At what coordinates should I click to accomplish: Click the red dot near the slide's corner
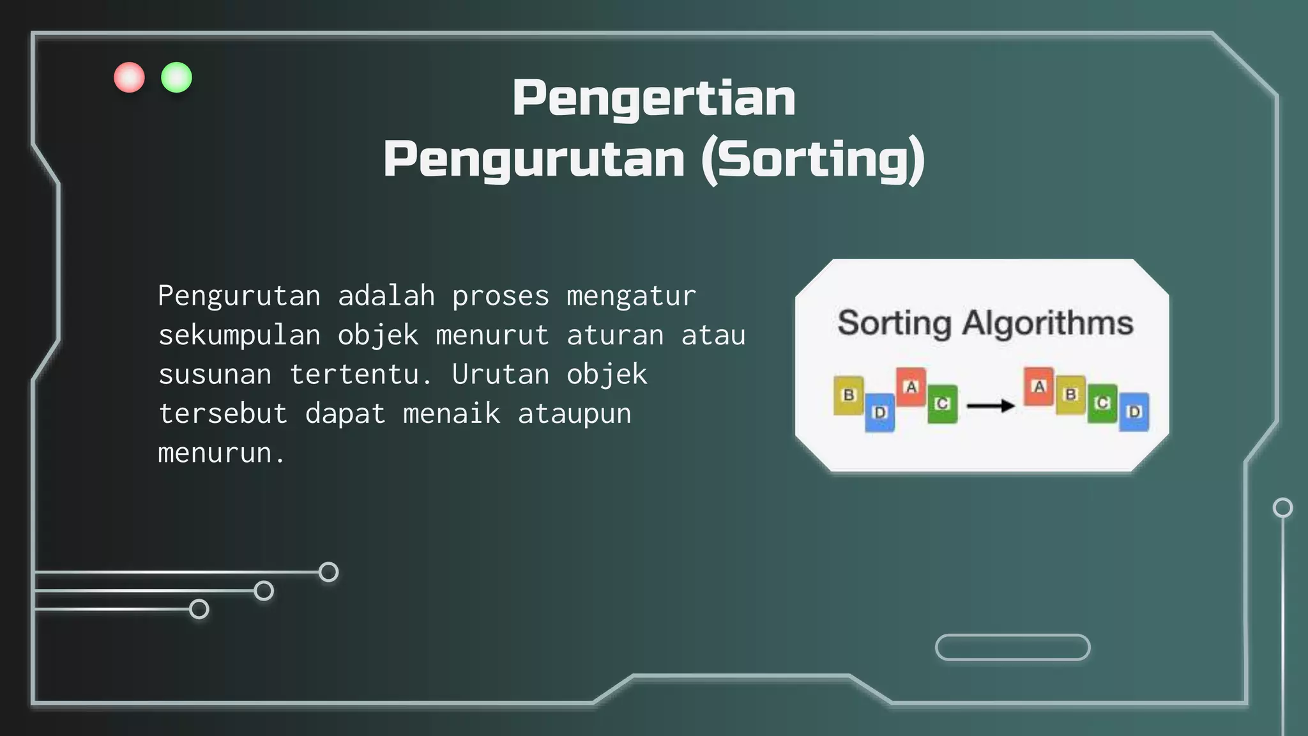pos(129,77)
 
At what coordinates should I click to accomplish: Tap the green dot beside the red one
pos(176,77)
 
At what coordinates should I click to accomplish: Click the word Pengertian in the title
pos(653,98)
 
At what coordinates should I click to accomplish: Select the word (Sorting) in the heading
pos(812,160)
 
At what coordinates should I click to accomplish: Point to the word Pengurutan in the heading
pos(534,160)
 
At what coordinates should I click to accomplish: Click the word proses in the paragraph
pos(501,296)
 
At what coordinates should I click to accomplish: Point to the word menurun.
pos(215,454)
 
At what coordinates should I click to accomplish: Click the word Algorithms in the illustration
pos(1047,323)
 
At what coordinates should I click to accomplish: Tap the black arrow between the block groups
pos(991,406)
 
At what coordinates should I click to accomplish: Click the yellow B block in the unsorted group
pos(849,395)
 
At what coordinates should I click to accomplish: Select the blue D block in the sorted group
pos(1134,412)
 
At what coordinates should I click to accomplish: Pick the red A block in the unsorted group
pos(911,387)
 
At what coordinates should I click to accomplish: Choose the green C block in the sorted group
pos(1102,403)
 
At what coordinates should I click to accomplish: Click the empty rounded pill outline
pos(1012,647)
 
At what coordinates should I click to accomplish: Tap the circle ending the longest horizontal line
pos(328,572)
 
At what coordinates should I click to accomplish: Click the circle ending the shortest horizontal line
pos(199,609)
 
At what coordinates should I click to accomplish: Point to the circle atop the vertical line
pos(1282,508)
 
